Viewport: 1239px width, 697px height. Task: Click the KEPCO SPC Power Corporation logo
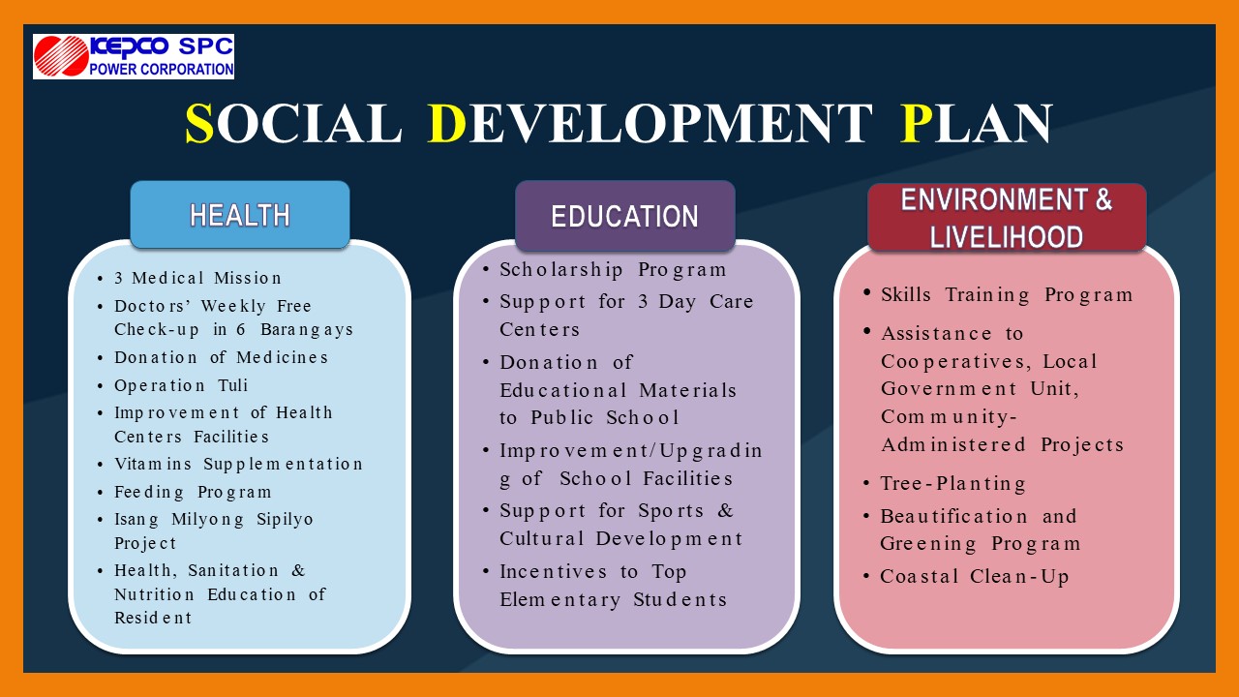click(134, 56)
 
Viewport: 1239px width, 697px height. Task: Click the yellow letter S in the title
click(199, 123)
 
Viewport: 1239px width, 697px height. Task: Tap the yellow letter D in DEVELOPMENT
click(447, 123)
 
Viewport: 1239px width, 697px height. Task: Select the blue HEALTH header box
click(240, 215)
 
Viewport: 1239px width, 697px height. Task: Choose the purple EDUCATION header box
click(625, 216)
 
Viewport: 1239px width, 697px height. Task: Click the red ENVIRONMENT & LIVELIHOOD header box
click(1007, 218)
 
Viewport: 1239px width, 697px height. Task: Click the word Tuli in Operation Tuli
click(233, 385)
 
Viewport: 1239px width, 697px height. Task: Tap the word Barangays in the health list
click(307, 330)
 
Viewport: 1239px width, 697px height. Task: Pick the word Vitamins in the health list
click(153, 464)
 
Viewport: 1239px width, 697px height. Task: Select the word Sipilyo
click(285, 520)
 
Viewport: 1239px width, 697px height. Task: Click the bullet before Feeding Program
click(100, 493)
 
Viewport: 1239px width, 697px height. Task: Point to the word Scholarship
click(561, 270)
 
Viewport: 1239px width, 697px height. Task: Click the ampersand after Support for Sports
click(725, 510)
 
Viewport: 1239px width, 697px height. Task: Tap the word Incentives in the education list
click(554, 571)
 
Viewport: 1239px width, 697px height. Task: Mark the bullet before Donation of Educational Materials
click(486, 362)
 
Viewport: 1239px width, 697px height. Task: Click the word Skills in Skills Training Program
click(906, 295)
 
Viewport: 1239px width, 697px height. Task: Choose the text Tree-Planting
click(953, 483)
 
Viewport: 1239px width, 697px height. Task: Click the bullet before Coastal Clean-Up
click(866, 576)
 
